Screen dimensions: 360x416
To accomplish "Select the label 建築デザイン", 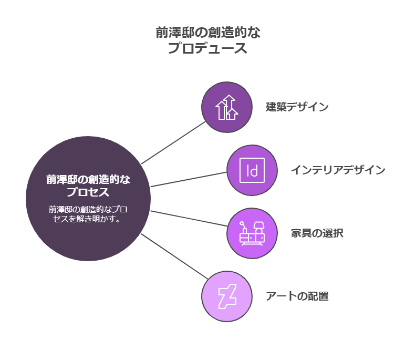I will coord(297,107).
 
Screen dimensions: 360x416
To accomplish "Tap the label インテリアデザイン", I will coord(338,170).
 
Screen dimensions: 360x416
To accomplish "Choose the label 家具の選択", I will coord(317,233).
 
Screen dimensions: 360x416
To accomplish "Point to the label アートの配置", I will coord(297,296).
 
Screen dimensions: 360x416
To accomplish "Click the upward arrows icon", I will coord(227,107).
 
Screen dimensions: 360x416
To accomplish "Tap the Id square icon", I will coord(252,170).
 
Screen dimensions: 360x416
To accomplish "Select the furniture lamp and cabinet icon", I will coord(252,233).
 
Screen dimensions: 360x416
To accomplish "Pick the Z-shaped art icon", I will coord(227,296).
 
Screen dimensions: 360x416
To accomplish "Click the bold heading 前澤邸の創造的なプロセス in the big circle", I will coord(88,186).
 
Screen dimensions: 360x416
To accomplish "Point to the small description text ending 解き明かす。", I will coord(88,213).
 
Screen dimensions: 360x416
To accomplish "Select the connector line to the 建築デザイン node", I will coord(174,142).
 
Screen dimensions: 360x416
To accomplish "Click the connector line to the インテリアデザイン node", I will coord(189,179).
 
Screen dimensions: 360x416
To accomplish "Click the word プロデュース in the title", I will coord(208,48).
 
